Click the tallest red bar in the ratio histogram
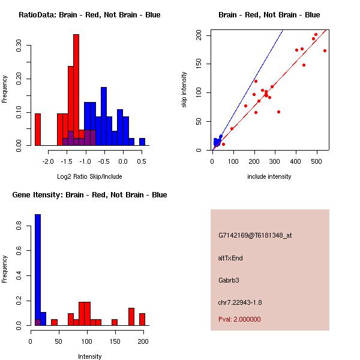click(76, 90)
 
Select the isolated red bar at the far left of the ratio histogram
click(38, 129)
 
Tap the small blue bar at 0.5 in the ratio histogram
click(142, 142)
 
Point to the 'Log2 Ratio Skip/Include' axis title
click(89, 176)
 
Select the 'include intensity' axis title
click(269, 176)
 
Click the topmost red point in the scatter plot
click(316, 35)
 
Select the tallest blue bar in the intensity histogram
click(38, 270)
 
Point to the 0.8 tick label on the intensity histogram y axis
click(19, 226)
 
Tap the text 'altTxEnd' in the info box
click(230, 258)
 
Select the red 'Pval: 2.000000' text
click(239, 319)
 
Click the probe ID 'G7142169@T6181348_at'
click(255, 236)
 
